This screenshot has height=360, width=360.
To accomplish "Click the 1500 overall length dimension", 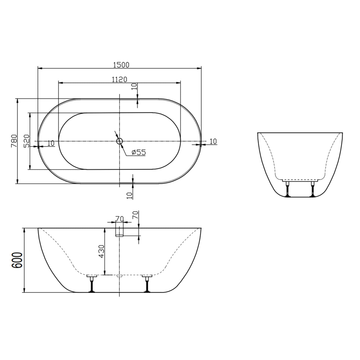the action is coord(121,65).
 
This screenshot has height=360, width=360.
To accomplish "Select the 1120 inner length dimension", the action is coord(120,79).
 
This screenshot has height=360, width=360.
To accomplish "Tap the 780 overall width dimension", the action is coord(14,141).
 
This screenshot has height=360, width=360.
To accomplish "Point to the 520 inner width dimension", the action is coord(26,141).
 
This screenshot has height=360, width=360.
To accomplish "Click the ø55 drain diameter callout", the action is coord(138,152).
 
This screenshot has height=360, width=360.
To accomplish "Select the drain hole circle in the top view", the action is coord(120,141).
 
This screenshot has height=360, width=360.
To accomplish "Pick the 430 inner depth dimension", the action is coord(101,251).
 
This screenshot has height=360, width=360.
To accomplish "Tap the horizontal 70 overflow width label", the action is coord(120,219).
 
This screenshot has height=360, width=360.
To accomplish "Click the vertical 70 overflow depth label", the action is coord(135,215).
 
